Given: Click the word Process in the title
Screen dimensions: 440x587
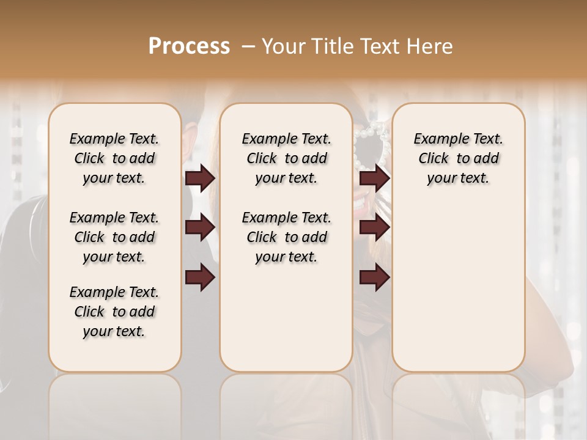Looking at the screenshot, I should click(189, 46).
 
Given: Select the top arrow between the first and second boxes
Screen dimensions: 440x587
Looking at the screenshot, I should click(200, 178).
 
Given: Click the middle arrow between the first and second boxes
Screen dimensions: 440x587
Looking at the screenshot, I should click(200, 227).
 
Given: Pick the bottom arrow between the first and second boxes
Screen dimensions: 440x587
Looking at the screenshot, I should click(200, 277).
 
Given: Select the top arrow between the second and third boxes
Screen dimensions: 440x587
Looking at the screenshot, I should click(374, 178).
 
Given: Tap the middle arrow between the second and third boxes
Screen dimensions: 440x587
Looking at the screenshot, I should click(374, 227).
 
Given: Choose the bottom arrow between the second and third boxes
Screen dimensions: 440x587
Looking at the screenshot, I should click(374, 277).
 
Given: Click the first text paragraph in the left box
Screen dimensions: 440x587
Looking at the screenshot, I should click(114, 158).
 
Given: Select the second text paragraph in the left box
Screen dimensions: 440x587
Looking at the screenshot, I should click(114, 237).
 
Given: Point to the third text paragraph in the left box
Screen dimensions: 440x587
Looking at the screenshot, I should click(114, 312).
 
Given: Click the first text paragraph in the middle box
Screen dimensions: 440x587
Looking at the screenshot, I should click(287, 158).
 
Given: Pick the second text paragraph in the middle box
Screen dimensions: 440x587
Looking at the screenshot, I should click(287, 237).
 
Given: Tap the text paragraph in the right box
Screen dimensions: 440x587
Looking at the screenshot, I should click(459, 158).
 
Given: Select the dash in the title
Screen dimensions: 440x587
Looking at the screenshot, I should click(248, 46).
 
